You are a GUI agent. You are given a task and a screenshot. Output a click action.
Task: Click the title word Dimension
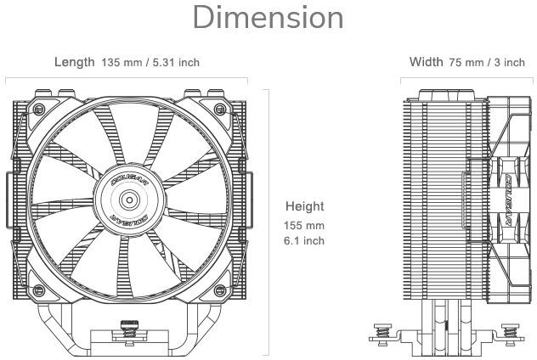point(268,19)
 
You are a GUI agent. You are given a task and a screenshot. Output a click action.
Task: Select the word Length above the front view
point(74,62)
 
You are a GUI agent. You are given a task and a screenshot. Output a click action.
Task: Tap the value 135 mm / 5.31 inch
point(150,63)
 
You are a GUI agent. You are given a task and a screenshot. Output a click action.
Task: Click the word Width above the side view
point(426,62)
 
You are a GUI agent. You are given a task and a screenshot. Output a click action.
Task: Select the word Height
point(304,206)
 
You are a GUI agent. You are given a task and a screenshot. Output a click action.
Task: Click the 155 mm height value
point(304,226)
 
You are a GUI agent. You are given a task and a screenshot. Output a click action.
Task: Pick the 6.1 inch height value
point(304,240)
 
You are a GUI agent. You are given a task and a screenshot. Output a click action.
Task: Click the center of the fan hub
point(130,200)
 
